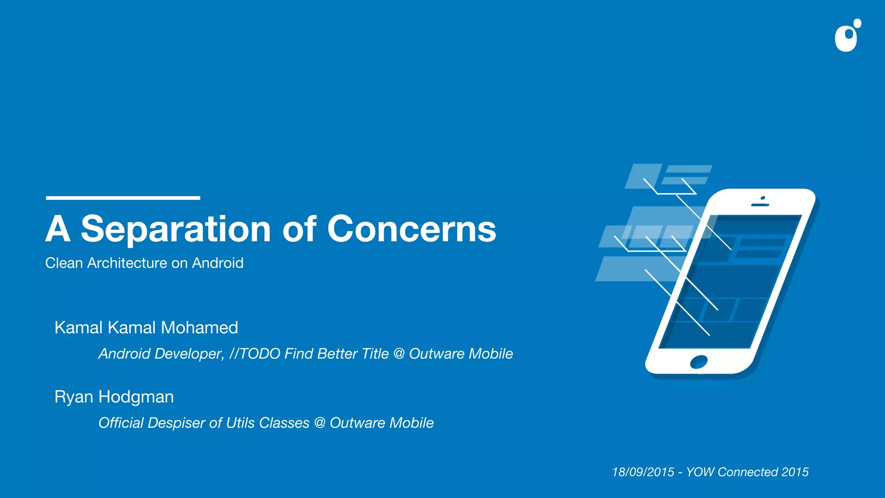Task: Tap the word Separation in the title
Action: (x=175, y=229)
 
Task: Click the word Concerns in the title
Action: (x=411, y=229)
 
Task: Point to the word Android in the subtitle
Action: (x=218, y=263)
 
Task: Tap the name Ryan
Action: (x=74, y=397)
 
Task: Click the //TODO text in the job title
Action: (x=255, y=354)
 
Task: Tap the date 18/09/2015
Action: (x=643, y=472)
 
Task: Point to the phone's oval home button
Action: (x=699, y=361)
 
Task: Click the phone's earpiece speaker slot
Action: (x=760, y=204)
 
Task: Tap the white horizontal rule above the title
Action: (x=123, y=198)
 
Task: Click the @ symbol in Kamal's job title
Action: (x=399, y=354)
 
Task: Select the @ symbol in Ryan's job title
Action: (x=320, y=423)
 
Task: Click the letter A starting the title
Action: (x=58, y=229)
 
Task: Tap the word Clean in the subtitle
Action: (x=64, y=263)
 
